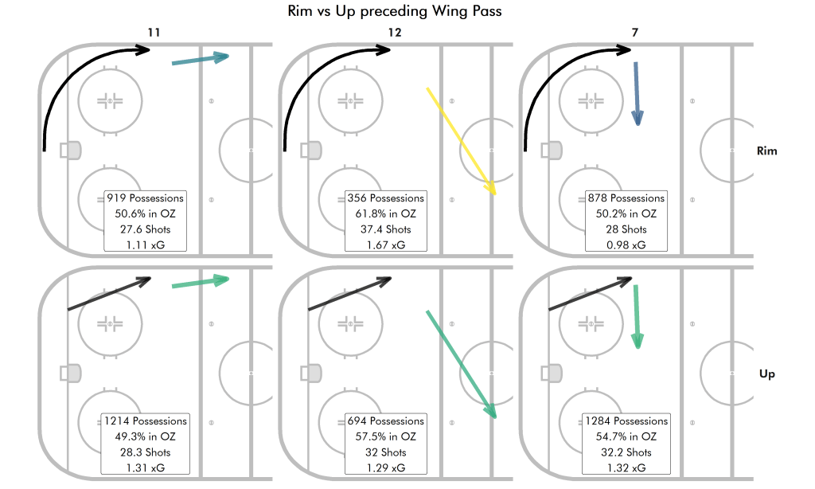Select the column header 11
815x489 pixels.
pyautogui.click(x=154, y=33)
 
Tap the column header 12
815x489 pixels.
pyautogui.click(x=395, y=33)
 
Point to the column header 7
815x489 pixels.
pyautogui.click(x=634, y=33)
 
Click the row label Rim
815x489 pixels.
pyautogui.click(x=767, y=151)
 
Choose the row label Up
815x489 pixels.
pyautogui.click(x=767, y=374)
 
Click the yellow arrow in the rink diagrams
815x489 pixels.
pyautogui.click(x=462, y=141)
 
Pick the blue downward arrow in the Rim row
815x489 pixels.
pyautogui.click(x=637, y=93)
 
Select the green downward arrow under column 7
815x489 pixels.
pyautogui.click(x=637, y=316)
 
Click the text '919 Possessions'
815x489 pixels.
pyautogui.click(x=146, y=198)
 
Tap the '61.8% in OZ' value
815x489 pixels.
pyautogui.click(x=386, y=214)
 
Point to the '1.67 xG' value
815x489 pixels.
pyautogui.click(x=386, y=245)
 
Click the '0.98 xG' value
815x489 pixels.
pyautogui.click(x=626, y=245)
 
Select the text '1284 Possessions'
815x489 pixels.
pyautogui.click(x=626, y=421)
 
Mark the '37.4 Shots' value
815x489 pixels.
pyautogui.click(x=386, y=229)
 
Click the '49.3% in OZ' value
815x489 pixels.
pyautogui.click(x=146, y=437)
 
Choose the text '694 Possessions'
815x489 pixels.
pyautogui.click(x=386, y=421)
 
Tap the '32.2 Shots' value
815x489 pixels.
pyautogui.click(x=626, y=452)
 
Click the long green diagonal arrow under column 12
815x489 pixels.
pyautogui.click(x=462, y=364)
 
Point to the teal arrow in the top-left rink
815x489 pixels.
pyautogui.click(x=200, y=60)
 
